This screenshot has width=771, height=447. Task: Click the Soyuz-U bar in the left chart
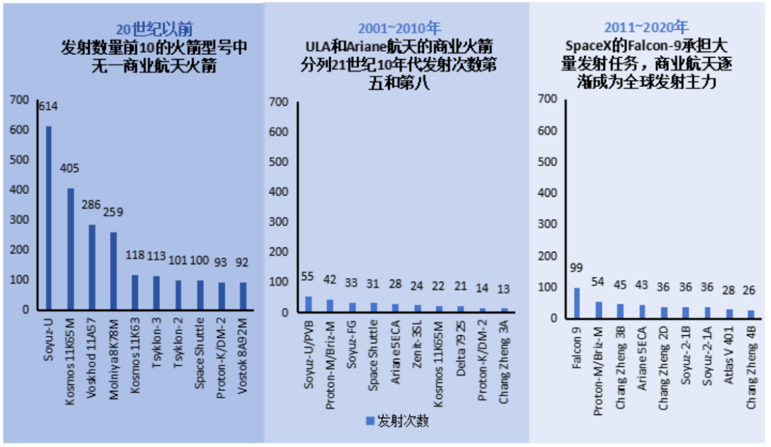[x=49, y=217]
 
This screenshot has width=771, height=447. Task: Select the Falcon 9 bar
[x=577, y=303]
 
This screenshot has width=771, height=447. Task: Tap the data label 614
[x=48, y=107]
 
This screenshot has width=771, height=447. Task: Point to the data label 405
[x=70, y=169]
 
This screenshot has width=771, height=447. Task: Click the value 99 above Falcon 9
[x=577, y=267]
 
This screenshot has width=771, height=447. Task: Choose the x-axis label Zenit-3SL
[x=416, y=349]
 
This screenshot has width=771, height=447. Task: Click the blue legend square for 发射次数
[x=370, y=421]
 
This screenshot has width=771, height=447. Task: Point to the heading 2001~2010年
[x=398, y=29]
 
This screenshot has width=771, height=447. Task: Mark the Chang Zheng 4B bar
[x=750, y=314]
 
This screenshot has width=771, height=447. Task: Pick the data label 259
[x=113, y=212]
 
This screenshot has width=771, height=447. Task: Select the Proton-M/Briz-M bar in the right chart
[x=598, y=310]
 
